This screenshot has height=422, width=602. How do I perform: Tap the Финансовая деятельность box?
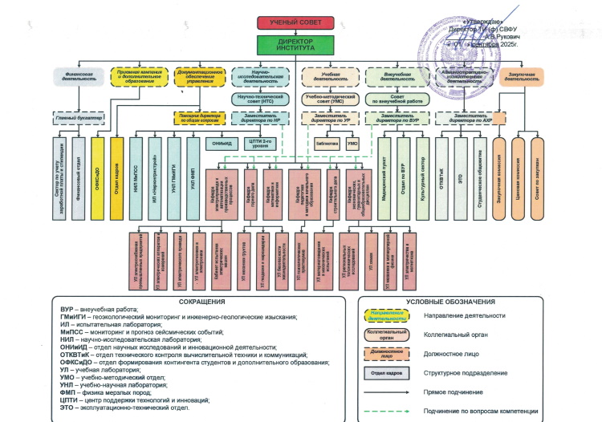75,77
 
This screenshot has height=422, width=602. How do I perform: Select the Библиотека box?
327,144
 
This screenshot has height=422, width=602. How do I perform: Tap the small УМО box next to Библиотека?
352,144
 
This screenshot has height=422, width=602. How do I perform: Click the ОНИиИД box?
222,144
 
